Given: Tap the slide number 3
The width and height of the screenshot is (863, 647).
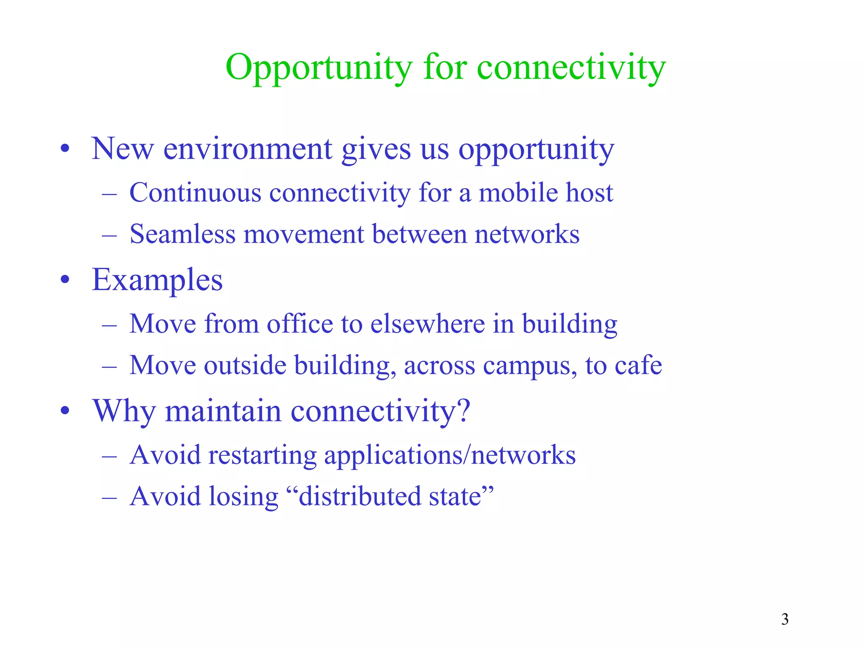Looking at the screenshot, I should pyautogui.click(x=785, y=619).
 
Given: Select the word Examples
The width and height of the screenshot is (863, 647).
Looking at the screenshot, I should pyautogui.click(x=157, y=281).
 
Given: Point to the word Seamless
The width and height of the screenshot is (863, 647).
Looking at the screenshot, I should pyautogui.click(x=182, y=234).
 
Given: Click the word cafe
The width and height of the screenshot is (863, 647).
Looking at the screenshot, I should pyautogui.click(x=638, y=365).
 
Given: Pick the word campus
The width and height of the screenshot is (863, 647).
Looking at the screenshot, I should pyautogui.click(x=530, y=366).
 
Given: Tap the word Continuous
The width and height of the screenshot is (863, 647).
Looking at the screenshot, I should pyautogui.click(x=195, y=193).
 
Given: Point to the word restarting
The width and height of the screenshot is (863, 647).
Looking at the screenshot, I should pyautogui.click(x=262, y=455).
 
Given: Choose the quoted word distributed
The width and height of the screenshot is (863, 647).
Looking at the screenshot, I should pyautogui.click(x=359, y=496).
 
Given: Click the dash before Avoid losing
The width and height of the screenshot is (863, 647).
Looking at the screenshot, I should pyautogui.click(x=109, y=497).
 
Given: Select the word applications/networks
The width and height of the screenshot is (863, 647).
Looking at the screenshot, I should pyautogui.click(x=450, y=455).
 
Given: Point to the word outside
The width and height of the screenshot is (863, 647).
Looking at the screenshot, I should pyautogui.click(x=245, y=365).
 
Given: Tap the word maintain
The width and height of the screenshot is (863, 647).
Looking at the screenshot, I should pyautogui.click(x=223, y=411).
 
